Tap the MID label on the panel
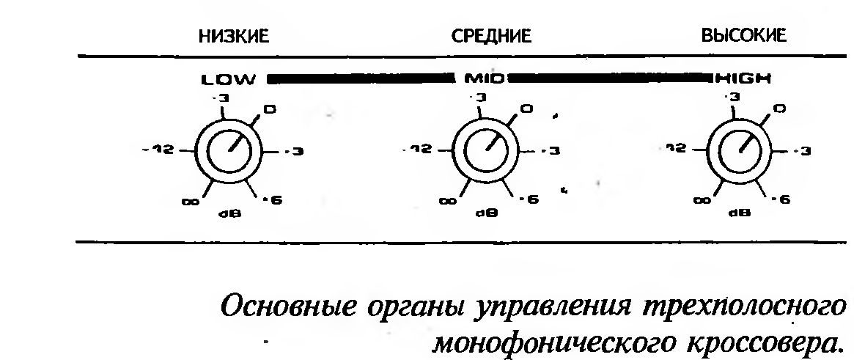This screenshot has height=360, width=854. tap(480, 78)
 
